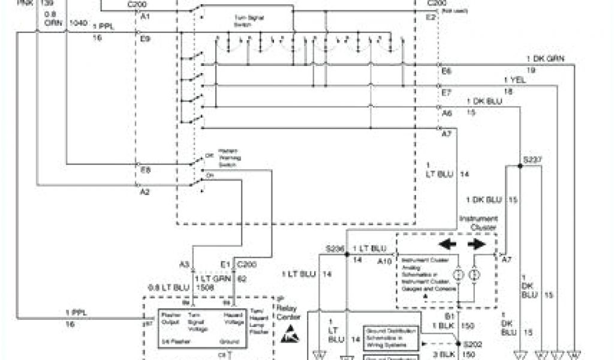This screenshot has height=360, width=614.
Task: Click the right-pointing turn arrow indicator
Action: [477, 244]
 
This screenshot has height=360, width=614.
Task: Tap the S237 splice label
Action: [532, 160]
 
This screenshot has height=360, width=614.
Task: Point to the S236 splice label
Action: [335, 248]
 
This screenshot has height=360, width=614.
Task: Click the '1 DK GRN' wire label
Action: [546, 58]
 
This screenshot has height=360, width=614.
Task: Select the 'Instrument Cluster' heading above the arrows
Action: [478, 223]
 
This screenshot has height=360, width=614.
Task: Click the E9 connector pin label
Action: [145, 38]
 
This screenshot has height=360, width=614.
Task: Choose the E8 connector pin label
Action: [145, 170]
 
